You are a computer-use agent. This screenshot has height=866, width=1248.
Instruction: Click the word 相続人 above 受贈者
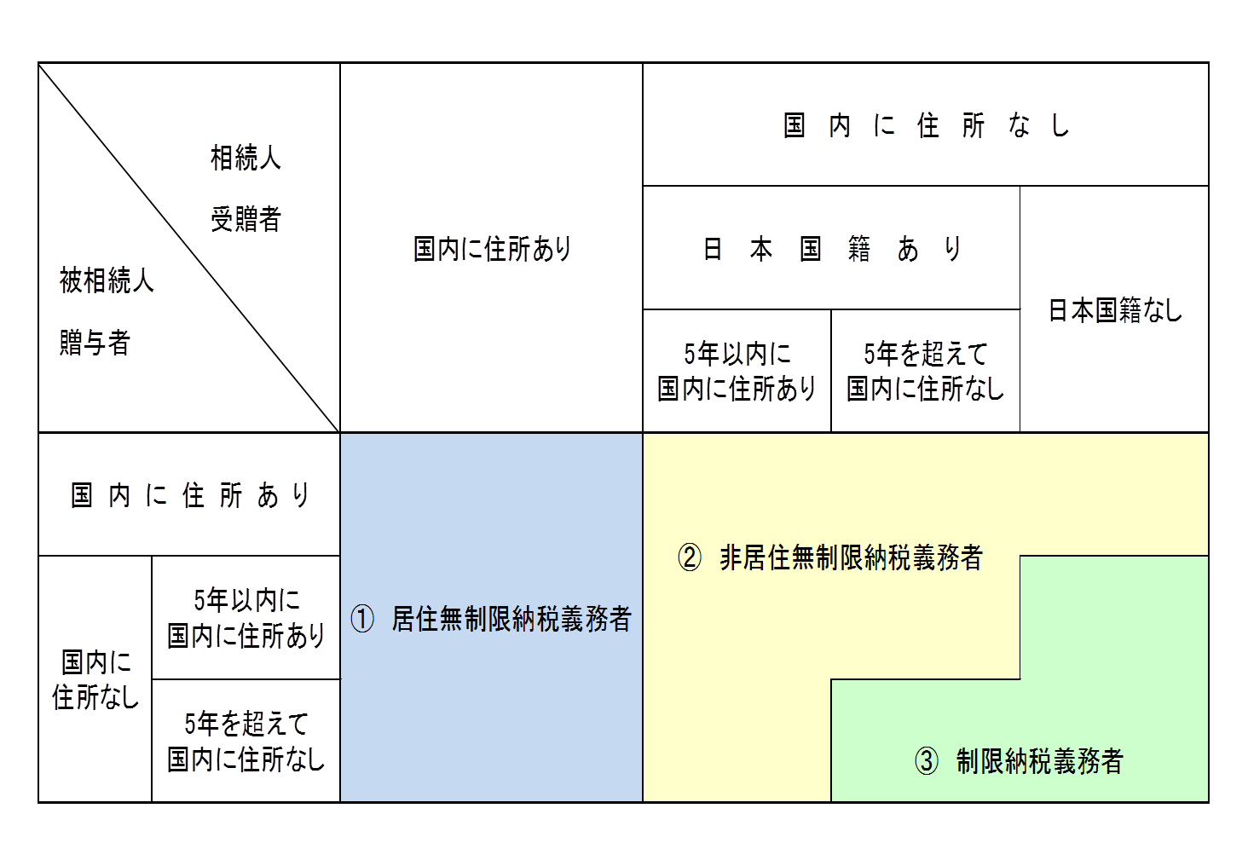coord(246,158)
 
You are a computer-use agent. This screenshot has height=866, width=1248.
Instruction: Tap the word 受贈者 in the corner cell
coord(246,219)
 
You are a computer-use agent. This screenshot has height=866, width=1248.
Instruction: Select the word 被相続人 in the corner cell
coord(107,280)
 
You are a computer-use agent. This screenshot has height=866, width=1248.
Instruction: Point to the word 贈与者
coord(95,343)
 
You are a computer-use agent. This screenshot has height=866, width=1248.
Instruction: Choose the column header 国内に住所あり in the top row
coord(492,249)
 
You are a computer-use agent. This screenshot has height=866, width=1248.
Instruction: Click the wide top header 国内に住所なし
coord(926,125)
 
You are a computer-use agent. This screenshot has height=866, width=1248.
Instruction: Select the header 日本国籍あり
coord(831,249)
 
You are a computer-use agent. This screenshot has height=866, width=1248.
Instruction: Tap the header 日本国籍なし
coord(1114,310)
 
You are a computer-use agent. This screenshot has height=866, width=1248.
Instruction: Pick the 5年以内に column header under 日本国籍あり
coord(737,371)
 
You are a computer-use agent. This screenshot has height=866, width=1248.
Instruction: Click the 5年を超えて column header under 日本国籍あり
coord(926,371)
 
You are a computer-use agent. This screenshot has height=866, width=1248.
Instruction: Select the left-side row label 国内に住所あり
coord(189,495)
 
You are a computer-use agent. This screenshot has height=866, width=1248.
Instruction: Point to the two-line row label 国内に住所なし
coord(95,679)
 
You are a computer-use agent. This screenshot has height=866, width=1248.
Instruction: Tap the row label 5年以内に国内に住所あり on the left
coord(246,618)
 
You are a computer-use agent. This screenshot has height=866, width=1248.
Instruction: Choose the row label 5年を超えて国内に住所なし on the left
coord(246,742)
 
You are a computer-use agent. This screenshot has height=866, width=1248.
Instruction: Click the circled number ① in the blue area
coord(362,619)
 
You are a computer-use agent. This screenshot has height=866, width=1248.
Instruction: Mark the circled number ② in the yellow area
coord(689,557)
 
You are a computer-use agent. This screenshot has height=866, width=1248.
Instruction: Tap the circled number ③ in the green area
coord(926,760)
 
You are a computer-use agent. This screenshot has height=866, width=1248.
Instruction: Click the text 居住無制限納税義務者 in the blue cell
coord(511,619)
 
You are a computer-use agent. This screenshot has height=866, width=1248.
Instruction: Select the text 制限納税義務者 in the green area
coord(1039,760)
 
